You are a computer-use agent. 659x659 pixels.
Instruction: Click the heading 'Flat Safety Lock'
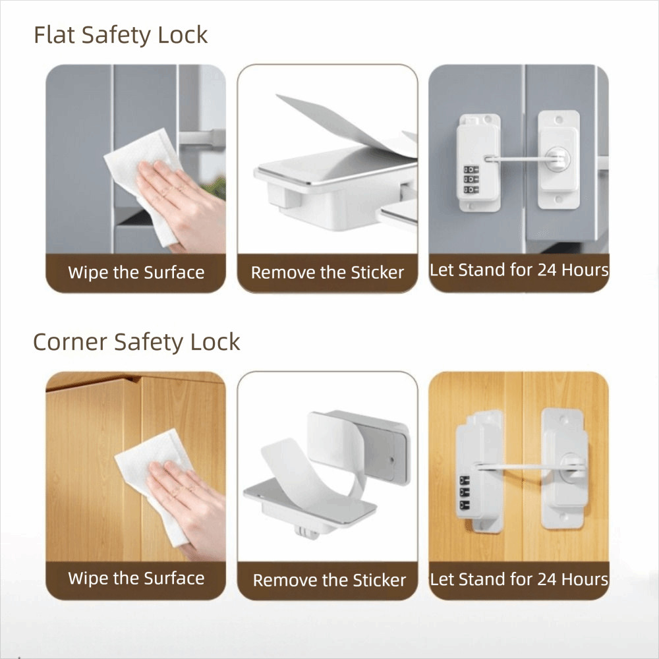pyautogui.click(x=121, y=35)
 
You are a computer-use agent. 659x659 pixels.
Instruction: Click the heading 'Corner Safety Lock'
pyautogui.click(x=136, y=342)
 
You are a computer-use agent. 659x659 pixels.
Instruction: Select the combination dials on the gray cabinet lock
pyautogui.click(x=471, y=180)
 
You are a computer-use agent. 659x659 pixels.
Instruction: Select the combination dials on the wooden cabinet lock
pyautogui.click(x=465, y=492)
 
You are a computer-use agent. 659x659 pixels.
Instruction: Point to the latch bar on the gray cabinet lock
pyautogui.click(x=521, y=159)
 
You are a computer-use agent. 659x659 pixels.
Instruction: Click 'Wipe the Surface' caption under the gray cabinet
pyautogui.click(x=136, y=272)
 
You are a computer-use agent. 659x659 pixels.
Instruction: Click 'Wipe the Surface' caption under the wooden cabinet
pyautogui.click(x=136, y=579)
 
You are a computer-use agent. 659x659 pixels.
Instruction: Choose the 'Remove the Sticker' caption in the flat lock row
pyautogui.click(x=328, y=272)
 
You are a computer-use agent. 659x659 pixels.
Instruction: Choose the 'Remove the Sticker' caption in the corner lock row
pyautogui.click(x=329, y=580)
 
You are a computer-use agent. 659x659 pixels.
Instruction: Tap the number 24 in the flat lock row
pyautogui.click(x=547, y=270)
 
